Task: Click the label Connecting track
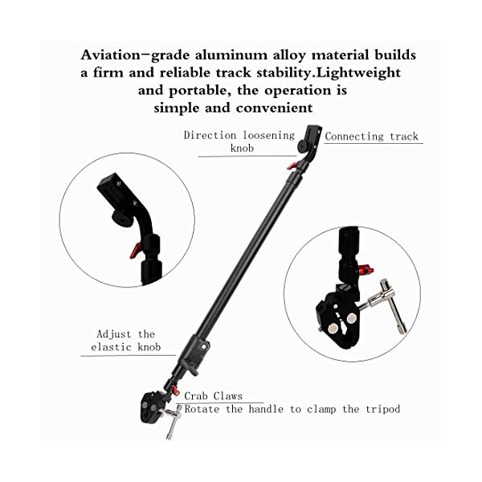(372, 137)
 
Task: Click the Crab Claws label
(213, 396)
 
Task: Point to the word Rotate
(205, 409)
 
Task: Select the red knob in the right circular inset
(362, 268)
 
